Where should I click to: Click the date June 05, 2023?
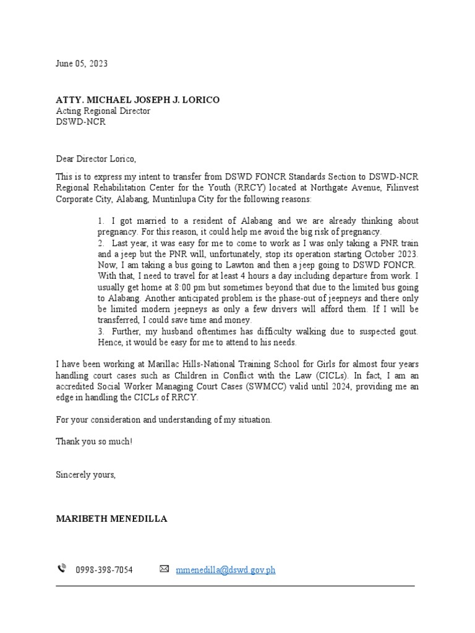[x=82, y=64]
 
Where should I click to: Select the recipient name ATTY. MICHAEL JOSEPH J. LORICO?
[x=137, y=100]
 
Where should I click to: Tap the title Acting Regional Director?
[x=103, y=111]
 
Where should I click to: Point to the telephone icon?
[x=62, y=569]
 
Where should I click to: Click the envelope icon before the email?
[x=164, y=569]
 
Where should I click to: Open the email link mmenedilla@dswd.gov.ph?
[x=226, y=570]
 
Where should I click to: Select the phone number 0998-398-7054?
[x=104, y=570]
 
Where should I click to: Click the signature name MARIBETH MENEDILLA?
[x=111, y=519]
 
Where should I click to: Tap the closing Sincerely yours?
[x=86, y=475]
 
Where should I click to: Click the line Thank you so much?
[x=94, y=442]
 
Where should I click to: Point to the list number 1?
[x=101, y=221]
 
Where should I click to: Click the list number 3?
[x=101, y=332]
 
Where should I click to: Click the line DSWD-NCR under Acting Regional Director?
[x=81, y=122]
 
